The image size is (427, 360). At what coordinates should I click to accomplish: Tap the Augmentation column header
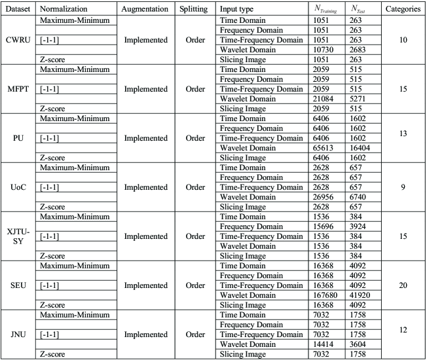point(145,9)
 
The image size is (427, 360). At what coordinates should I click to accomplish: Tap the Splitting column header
point(194,9)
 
